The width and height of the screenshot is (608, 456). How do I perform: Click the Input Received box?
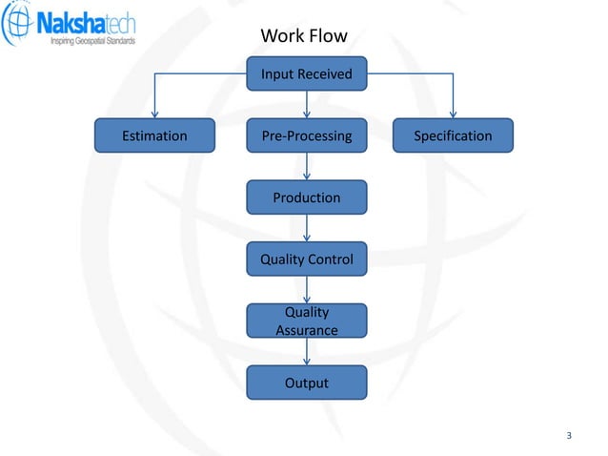(306, 73)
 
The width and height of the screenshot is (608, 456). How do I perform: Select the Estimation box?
(154, 135)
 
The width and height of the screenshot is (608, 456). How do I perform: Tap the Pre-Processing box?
(306, 135)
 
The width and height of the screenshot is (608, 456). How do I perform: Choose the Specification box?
(453, 135)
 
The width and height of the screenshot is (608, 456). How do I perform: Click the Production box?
(306, 197)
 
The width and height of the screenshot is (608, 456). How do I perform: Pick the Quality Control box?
(306, 259)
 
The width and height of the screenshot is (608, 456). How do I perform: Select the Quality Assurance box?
(306, 321)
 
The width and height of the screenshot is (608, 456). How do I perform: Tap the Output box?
(306, 383)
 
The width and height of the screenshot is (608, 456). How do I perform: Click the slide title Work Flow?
(304, 37)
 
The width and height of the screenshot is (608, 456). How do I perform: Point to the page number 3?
(569, 437)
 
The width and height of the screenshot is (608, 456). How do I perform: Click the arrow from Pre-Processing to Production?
(306, 167)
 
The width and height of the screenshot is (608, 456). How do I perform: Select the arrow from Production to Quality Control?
(306, 228)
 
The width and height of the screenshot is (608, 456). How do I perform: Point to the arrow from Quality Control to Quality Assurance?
(306, 290)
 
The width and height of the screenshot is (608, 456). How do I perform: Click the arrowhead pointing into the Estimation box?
(154, 114)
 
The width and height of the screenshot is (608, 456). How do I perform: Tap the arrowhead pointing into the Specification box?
(453, 114)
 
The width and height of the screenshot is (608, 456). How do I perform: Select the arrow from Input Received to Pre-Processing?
(306, 105)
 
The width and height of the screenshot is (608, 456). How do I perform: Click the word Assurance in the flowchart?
(306, 330)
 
